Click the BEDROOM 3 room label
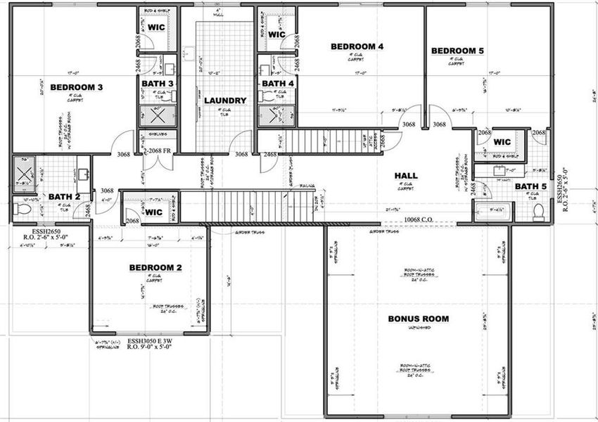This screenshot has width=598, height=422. pos(77,87)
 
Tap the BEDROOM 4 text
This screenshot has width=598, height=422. pos(357,46)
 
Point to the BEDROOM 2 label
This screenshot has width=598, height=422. pos(155,268)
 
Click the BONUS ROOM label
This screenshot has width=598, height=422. pos(418,319)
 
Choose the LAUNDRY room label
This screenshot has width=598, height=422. pos(225,101)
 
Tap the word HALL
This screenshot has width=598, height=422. pos(406,176)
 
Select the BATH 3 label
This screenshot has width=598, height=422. pos(157,84)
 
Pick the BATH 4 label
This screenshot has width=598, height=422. pos(277,84)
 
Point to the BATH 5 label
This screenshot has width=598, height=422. pos(531,186)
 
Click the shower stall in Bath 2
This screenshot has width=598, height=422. pos(21,170)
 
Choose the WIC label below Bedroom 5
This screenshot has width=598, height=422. pos(502,140)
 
